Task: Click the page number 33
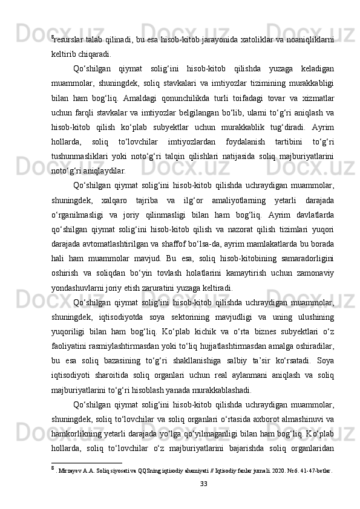pyautogui.click(x=180, y=484)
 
